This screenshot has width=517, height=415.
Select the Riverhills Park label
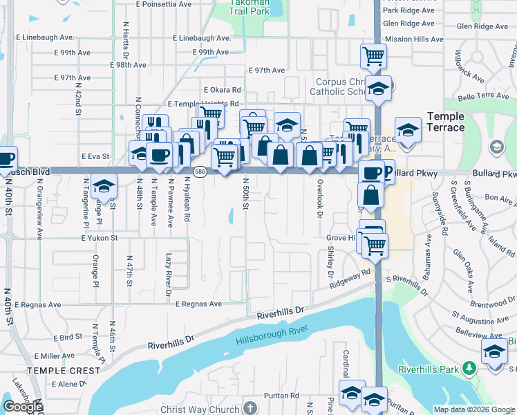pos(430,369)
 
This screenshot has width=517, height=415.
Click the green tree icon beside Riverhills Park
pos(471,369)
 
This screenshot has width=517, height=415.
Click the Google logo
pos(23,407)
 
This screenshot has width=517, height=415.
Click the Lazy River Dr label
pos(168,275)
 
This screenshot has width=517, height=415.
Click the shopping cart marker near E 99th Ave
pos(373,55)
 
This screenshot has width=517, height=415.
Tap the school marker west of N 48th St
pos(104,185)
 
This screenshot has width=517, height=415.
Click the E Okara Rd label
pos(222,90)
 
